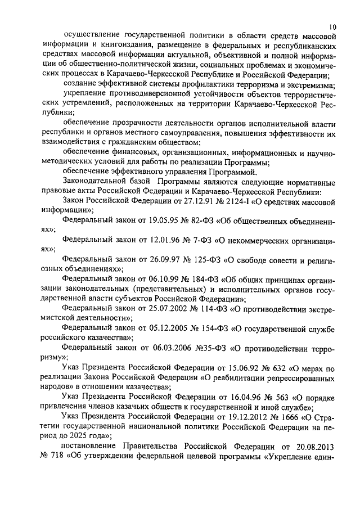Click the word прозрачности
click(137, 123)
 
